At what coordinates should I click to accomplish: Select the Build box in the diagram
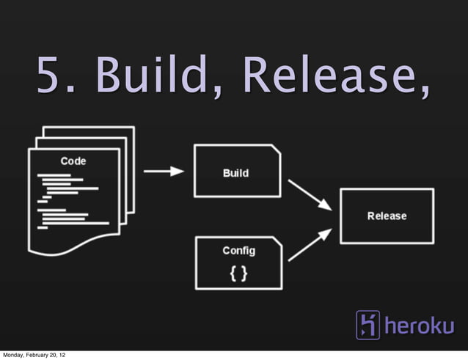tap(236, 171)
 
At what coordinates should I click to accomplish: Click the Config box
tap(238, 262)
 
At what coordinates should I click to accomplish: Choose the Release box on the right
tap(387, 216)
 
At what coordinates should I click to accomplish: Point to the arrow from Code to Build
tap(163, 172)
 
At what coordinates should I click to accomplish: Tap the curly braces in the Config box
tap(238, 273)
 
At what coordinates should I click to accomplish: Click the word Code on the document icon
tap(73, 161)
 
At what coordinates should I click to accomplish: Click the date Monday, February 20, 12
tap(36, 355)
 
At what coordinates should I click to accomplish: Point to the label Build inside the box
tap(235, 173)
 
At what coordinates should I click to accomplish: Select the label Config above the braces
tap(238, 251)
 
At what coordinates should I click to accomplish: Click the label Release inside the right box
tap(387, 216)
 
